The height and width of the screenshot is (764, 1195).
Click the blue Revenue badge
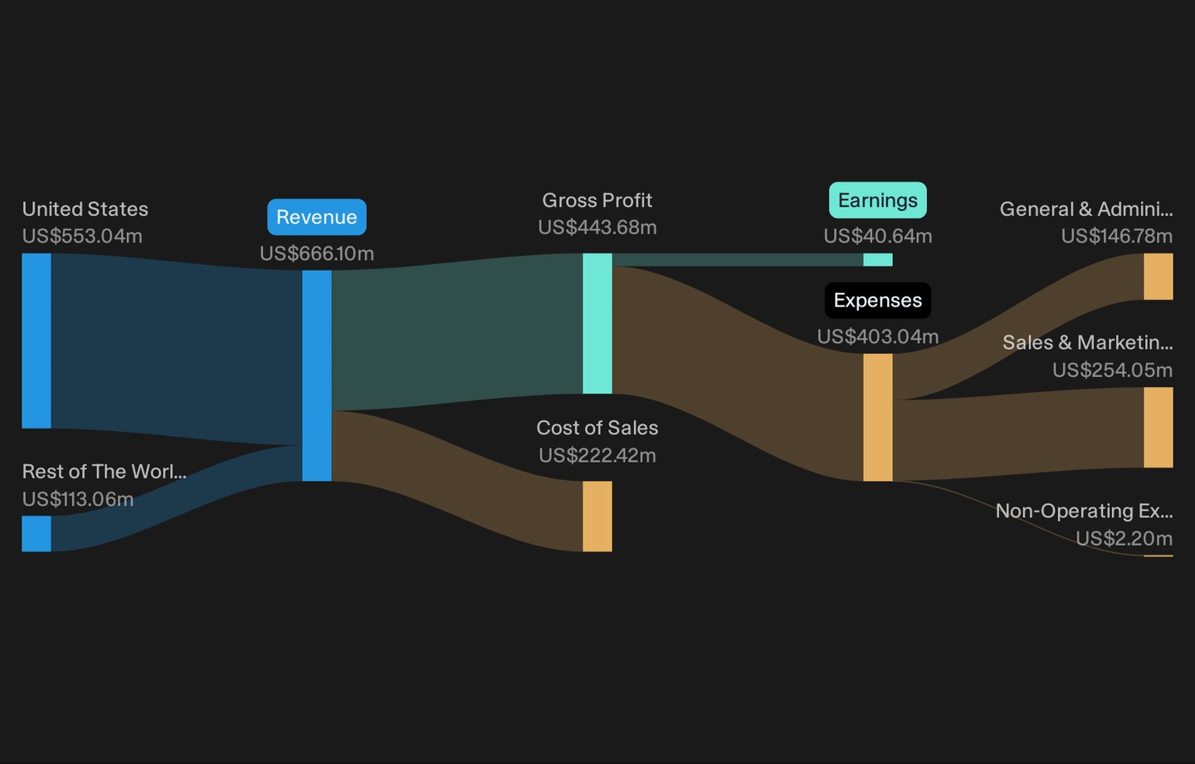pos(317,218)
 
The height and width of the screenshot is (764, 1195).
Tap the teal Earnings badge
pos(878,200)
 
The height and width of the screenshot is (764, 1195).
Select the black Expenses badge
pos(878,301)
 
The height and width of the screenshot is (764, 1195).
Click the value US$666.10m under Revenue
pos(317,253)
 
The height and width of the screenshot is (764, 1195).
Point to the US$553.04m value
pos(82,236)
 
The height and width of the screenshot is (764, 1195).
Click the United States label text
pos(85,208)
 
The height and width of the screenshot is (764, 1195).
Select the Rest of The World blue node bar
pos(37,533)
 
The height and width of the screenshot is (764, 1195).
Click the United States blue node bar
pos(37,340)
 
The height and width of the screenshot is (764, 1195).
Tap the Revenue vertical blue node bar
pos(317,375)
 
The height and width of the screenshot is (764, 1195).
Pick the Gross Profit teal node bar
pos(597,324)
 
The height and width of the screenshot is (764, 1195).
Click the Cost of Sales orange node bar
pos(597,517)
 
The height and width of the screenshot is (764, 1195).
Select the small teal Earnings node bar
pos(878,259)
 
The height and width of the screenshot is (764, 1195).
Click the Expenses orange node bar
pos(878,418)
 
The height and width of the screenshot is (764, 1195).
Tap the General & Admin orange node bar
pos(1158,277)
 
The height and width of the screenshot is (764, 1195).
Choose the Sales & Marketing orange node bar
pos(1158,428)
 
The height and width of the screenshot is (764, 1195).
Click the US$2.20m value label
pos(1124,538)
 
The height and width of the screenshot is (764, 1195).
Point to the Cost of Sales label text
pos(597,428)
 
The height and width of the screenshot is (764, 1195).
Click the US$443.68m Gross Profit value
pos(597,228)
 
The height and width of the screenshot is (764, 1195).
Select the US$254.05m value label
pos(1112,370)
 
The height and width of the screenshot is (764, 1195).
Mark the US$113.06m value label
pos(78,499)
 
